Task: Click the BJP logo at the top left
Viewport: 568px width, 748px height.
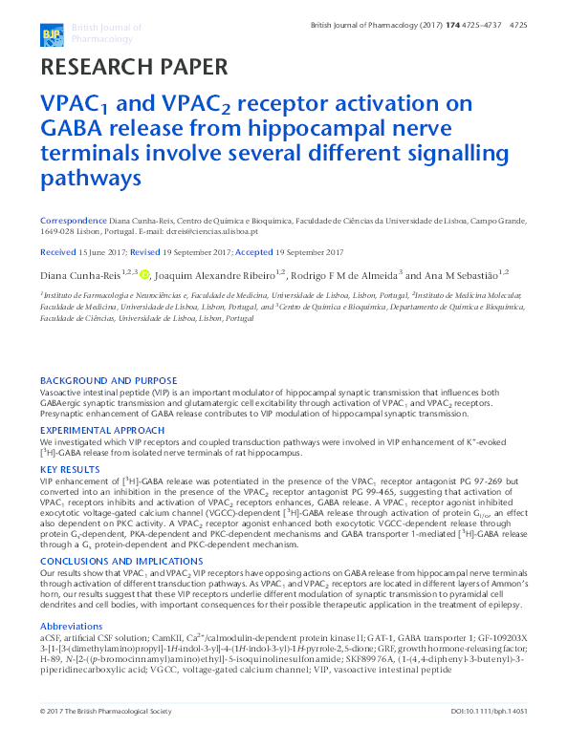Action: [x=50, y=35]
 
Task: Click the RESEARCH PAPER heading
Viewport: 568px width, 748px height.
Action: [x=134, y=67]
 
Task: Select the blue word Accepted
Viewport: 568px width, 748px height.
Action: [x=253, y=252]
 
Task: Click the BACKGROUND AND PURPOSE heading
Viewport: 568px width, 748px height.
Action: [x=108, y=380]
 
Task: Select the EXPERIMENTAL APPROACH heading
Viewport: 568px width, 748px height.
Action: [x=102, y=431]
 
